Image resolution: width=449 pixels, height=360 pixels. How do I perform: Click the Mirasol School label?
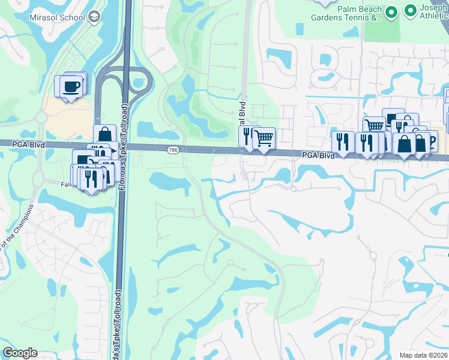tap(56, 17)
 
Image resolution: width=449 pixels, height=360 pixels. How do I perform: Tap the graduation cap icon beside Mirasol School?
tap(94, 17)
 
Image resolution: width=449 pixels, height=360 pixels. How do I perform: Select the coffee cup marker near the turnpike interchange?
tap(70, 86)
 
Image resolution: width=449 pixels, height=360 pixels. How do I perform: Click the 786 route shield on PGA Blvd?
tap(173, 149)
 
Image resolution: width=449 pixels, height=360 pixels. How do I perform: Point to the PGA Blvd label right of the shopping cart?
tap(318, 155)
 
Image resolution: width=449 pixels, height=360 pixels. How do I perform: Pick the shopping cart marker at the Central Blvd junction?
tap(264, 139)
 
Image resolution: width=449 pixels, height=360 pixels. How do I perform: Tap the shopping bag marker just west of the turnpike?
tap(104, 134)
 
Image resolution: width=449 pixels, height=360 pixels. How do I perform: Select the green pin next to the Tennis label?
tap(391, 12)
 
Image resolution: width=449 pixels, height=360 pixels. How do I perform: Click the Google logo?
tap(20, 353)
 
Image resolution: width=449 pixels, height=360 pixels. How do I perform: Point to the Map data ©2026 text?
tap(423, 355)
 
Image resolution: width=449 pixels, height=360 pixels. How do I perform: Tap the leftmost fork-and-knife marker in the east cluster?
tap(342, 142)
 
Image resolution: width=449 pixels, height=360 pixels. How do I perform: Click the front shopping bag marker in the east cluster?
tap(405, 145)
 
